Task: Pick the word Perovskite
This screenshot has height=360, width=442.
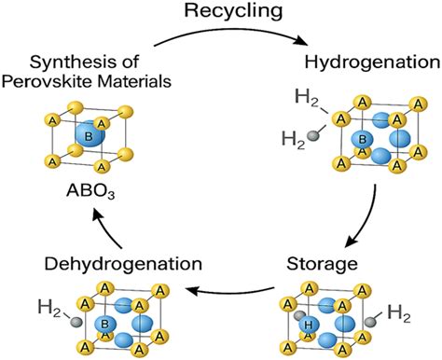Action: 63,82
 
